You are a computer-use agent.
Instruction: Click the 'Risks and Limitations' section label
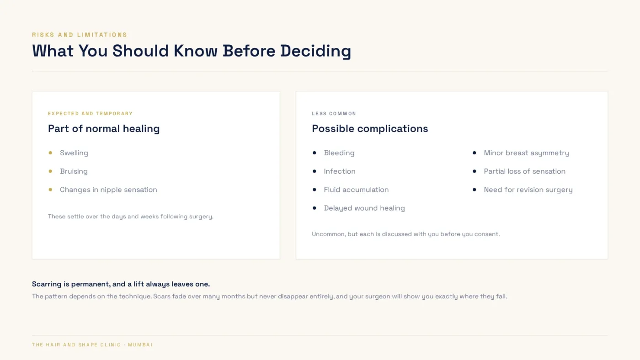point(80,35)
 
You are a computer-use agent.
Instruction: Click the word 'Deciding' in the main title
point(315,51)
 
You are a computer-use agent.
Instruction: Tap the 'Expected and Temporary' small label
point(91,114)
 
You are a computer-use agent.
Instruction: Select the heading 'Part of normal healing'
point(104,129)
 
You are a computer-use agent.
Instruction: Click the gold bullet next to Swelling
point(51,153)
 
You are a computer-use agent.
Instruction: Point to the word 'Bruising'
point(74,171)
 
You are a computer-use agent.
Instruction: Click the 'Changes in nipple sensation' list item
point(108,190)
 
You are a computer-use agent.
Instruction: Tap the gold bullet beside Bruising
point(51,171)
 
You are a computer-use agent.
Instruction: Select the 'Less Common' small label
point(334,114)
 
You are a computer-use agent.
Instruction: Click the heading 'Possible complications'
point(370,129)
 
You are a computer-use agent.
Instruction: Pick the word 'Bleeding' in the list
point(339,153)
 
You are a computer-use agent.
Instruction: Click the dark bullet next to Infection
point(315,171)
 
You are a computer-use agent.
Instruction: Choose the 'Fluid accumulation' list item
point(356,190)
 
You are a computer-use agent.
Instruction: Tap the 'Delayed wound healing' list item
point(364,208)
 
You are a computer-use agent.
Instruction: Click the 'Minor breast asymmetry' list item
point(526,153)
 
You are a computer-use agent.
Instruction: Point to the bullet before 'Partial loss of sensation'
point(475,171)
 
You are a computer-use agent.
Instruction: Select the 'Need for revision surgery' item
point(528,190)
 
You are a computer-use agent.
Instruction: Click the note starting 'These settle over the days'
point(131,217)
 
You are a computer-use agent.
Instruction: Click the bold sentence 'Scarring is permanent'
point(121,284)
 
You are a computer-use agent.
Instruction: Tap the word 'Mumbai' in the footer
point(140,345)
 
